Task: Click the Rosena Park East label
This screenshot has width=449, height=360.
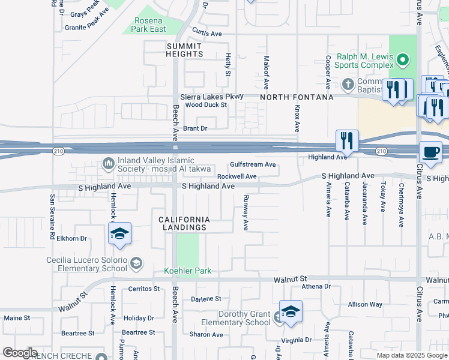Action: (149, 25)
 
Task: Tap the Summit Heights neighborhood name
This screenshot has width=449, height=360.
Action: (184, 50)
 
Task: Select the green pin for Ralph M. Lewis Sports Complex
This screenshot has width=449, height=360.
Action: (403, 60)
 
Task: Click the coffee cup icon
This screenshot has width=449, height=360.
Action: (430, 151)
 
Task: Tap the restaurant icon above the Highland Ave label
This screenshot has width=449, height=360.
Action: (347, 141)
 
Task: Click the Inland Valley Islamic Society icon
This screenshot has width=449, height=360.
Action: (109, 163)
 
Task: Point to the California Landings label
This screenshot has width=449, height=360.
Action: (184, 223)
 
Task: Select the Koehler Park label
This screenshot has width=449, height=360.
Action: (188, 271)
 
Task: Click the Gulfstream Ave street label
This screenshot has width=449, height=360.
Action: (253, 164)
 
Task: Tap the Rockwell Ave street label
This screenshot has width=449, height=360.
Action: (237, 176)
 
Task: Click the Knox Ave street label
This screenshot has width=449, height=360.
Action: (297, 118)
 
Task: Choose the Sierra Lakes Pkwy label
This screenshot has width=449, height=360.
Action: (212, 97)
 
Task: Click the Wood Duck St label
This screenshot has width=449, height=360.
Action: (206, 105)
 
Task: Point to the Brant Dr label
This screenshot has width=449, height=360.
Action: (195, 128)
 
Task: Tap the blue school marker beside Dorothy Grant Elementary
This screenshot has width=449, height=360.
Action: (291, 312)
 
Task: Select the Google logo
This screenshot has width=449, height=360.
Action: (20, 353)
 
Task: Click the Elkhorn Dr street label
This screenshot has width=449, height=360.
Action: (72, 238)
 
